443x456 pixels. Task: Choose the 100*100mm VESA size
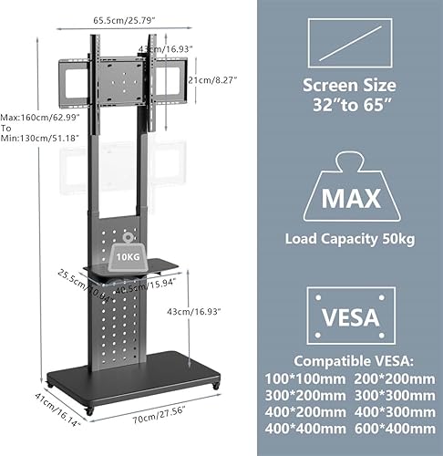(x=312, y=378)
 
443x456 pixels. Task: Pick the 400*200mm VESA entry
(x=312, y=412)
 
